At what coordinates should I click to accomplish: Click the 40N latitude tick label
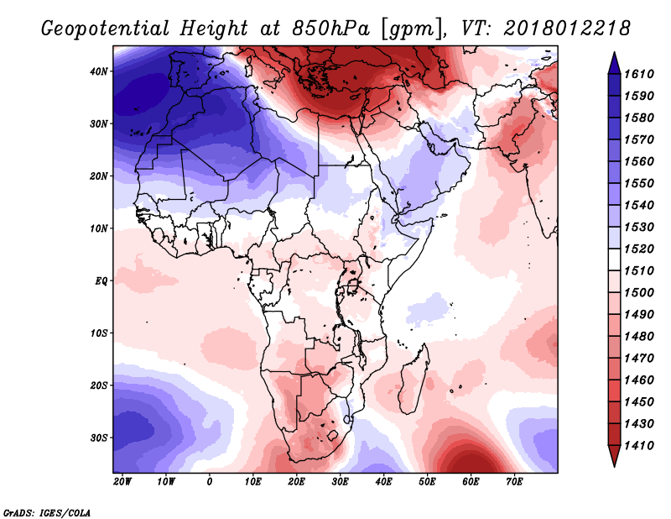click(98, 71)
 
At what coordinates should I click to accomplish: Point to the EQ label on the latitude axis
click(101, 281)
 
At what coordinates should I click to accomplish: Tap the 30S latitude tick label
click(98, 438)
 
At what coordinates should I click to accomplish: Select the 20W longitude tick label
click(122, 482)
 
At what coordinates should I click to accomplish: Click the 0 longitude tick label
click(209, 482)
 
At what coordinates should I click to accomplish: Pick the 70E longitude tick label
click(514, 482)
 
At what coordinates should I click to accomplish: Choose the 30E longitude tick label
click(340, 482)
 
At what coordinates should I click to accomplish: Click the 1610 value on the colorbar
click(639, 74)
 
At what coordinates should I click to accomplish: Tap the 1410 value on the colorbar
click(639, 446)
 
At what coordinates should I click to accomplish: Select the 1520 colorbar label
click(639, 249)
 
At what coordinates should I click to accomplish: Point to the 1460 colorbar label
click(639, 380)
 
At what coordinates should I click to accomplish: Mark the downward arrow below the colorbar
click(615, 456)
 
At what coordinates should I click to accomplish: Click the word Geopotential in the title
click(106, 29)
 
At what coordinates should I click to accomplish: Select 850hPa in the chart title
click(330, 29)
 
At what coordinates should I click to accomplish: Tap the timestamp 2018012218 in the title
click(567, 29)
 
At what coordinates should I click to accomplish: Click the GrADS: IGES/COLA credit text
click(47, 512)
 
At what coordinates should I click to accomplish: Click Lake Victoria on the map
click(353, 286)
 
